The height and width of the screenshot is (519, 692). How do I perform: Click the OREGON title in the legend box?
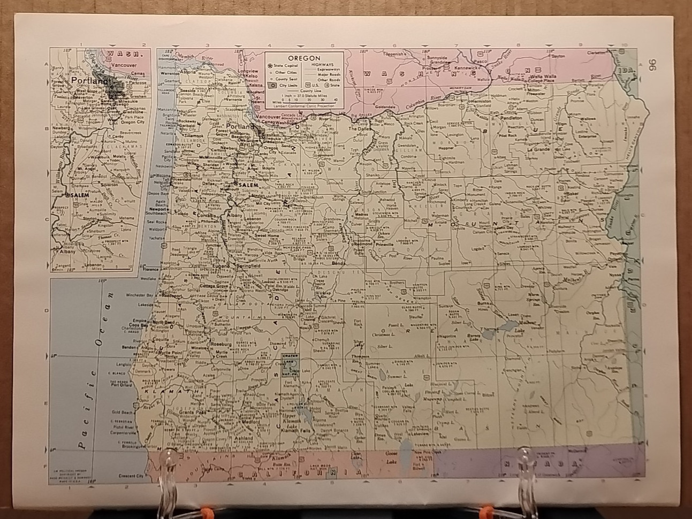[304, 58]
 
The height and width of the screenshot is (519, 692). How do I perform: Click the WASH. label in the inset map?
[124, 54]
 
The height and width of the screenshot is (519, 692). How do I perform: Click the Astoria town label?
[187, 71]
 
